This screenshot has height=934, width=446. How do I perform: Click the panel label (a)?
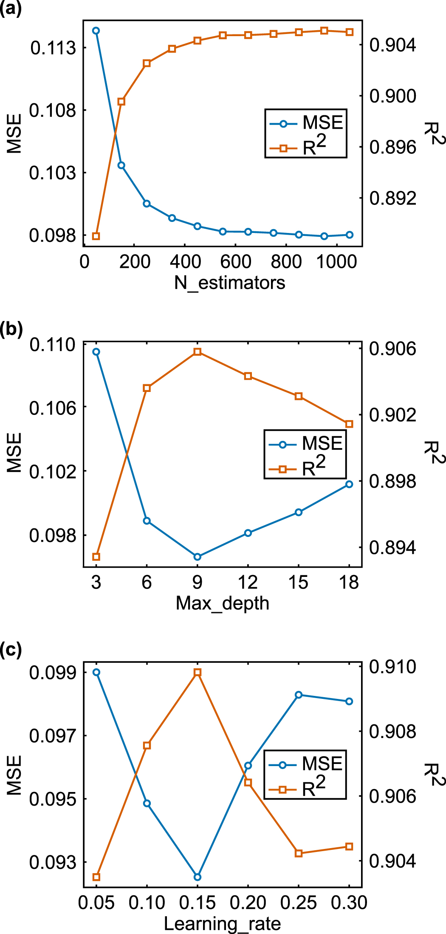click(11, 9)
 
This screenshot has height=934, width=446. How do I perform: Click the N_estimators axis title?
click(229, 283)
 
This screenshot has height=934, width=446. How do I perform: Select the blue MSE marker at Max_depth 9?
click(197, 556)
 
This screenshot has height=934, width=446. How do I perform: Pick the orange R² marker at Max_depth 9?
click(197, 352)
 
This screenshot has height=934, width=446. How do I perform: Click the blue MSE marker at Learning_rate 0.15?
click(197, 877)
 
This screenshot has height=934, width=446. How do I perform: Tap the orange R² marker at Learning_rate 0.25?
click(299, 853)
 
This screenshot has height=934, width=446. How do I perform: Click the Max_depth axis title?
click(223, 603)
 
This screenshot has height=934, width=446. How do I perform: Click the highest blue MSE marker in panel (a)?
click(96, 31)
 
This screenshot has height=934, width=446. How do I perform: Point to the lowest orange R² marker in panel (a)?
click(96, 236)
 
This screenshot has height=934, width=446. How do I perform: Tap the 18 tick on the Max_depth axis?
click(349, 582)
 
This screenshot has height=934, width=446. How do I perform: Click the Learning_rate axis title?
click(223, 924)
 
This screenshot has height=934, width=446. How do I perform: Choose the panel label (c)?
click(11, 650)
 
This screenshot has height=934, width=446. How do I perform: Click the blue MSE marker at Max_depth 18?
click(349, 484)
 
